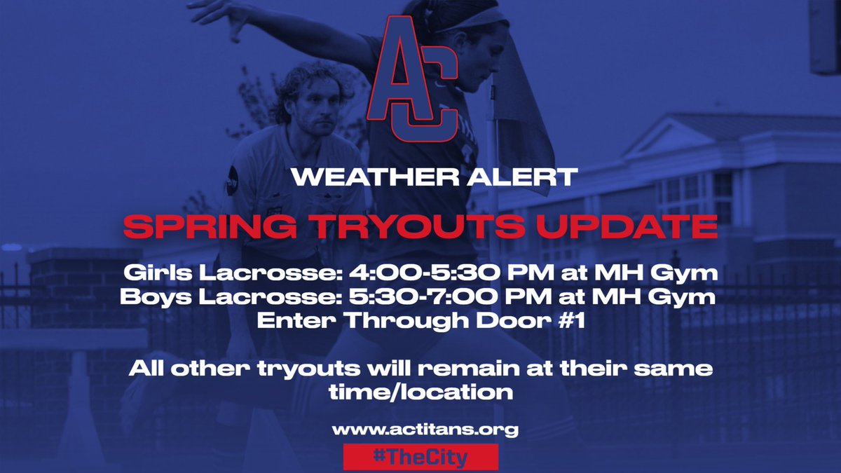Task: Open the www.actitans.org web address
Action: coord(420,429)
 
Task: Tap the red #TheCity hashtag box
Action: coord(420,457)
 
